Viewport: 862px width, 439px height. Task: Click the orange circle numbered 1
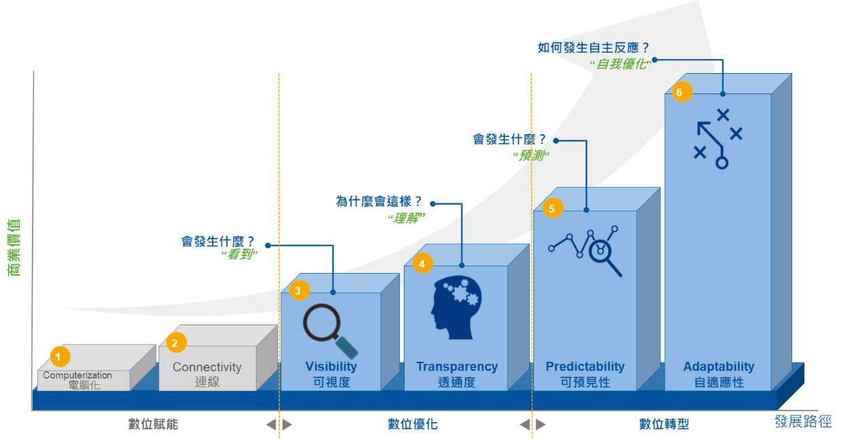(x=60, y=356)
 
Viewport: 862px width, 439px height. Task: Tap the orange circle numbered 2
(x=175, y=343)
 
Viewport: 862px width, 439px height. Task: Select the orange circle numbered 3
(x=299, y=291)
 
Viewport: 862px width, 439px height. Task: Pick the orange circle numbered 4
(x=422, y=264)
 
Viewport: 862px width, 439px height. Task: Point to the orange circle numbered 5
(x=552, y=209)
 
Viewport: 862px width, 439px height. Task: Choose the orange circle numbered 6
(x=682, y=91)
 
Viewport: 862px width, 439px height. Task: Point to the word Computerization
(x=77, y=375)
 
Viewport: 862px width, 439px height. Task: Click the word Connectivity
(x=207, y=367)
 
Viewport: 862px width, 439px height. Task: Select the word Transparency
(x=457, y=367)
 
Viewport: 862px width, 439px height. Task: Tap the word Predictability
(x=585, y=367)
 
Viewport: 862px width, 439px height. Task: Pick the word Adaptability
(x=718, y=367)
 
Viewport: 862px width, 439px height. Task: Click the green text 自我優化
(x=623, y=64)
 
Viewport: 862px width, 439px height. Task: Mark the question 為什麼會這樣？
(x=379, y=201)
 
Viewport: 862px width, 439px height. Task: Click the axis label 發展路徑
(x=803, y=421)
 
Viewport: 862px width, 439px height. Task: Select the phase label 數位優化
(x=412, y=424)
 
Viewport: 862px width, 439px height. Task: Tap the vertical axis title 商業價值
(x=14, y=247)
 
